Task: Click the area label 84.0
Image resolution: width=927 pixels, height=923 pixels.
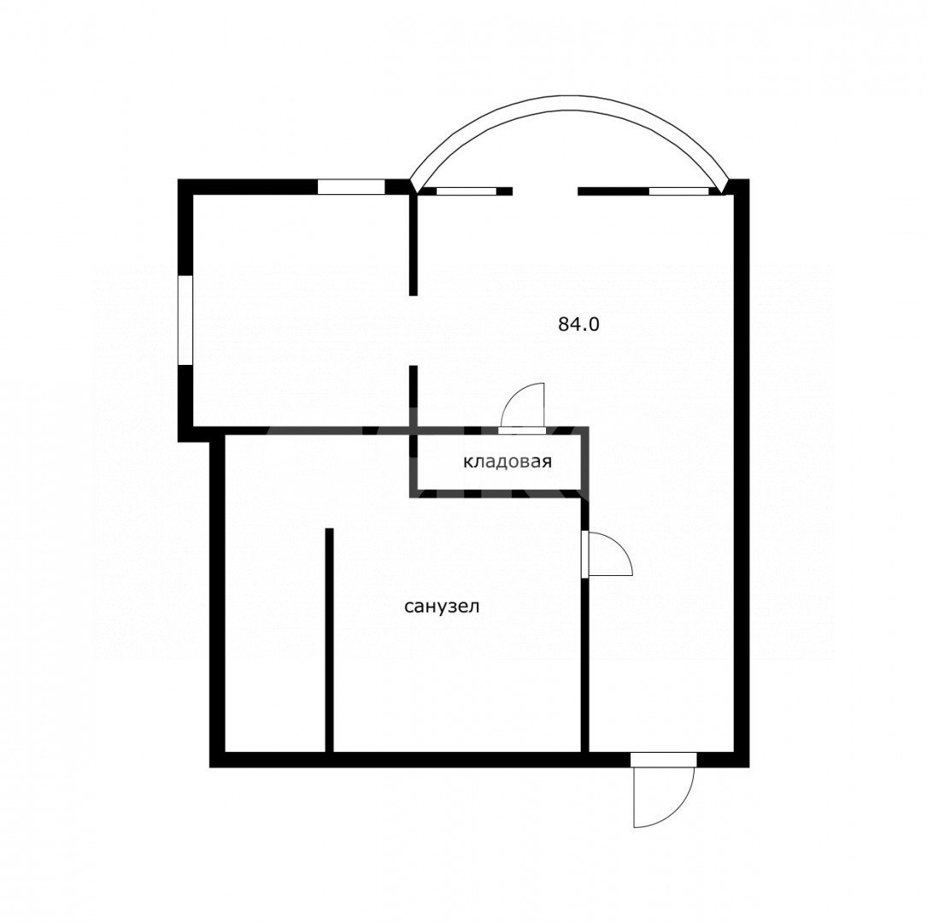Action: (x=578, y=324)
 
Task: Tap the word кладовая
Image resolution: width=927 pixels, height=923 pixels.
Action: (x=508, y=461)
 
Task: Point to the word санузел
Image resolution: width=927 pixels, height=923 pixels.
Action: (x=442, y=607)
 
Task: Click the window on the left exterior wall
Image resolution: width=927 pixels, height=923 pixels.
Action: (x=185, y=320)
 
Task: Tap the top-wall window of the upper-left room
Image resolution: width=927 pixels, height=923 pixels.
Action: (x=351, y=186)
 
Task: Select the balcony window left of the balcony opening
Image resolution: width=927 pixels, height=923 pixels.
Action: (x=466, y=191)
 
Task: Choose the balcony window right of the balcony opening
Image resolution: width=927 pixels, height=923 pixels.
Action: (x=678, y=191)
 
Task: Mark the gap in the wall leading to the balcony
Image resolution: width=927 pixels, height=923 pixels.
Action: (x=544, y=191)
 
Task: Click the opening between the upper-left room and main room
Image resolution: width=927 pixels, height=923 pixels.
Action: (x=414, y=330)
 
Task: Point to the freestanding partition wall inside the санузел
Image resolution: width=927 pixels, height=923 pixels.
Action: (x=329, y=640)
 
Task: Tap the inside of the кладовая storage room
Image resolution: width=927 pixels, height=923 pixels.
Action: (x=500, y=461)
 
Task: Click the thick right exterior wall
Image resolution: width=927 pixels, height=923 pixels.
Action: (x=742, y=473)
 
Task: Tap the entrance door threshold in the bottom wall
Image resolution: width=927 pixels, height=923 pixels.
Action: (x=663, y=760)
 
